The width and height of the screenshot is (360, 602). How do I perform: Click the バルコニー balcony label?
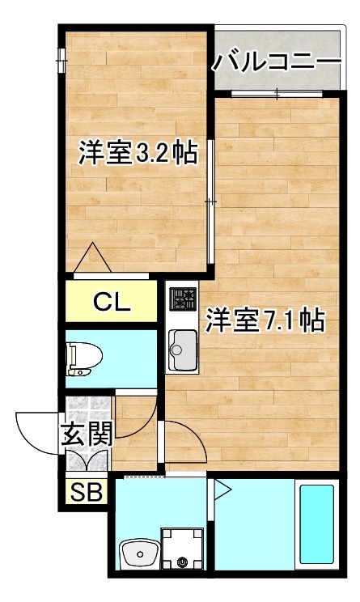[277, 61]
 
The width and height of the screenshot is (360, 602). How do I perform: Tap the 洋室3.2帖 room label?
[138, 153]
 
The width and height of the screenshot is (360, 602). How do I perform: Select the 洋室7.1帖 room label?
[265, 320]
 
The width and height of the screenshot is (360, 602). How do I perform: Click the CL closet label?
[112, 302]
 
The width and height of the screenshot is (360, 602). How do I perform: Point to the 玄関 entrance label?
[87, 434]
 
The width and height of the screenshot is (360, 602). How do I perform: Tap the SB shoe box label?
[87, 491]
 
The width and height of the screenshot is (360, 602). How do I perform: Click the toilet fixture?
[83, 358]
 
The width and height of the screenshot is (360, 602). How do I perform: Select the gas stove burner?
[184, 299]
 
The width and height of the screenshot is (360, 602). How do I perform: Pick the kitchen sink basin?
[184, 350]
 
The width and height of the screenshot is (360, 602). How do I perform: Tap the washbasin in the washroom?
[139, 554]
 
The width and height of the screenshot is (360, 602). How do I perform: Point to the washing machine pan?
[181, 549]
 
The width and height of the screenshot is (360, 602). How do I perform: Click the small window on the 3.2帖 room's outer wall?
[61, 60]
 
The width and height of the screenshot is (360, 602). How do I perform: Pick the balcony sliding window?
[277, 93]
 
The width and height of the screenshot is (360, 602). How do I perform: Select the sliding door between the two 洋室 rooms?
[210, 201]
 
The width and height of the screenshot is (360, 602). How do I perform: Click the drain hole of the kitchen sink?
[177, 350]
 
